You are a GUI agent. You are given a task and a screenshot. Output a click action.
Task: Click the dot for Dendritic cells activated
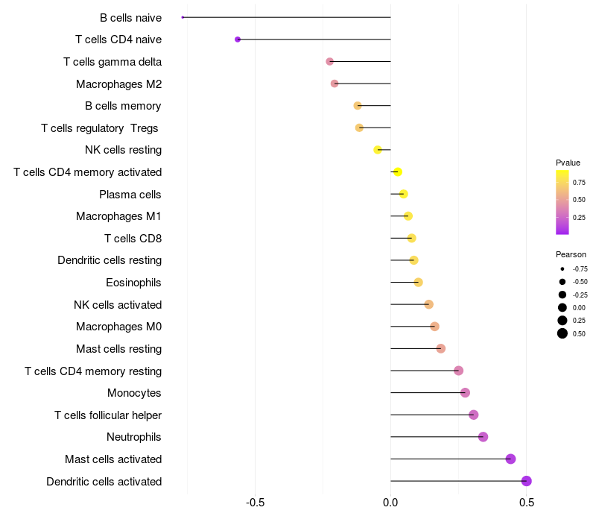tap(527, 481)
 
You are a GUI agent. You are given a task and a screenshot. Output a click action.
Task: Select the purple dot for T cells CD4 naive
tap(238, 40)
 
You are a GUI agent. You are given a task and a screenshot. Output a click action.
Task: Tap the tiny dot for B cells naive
tap(183, 17)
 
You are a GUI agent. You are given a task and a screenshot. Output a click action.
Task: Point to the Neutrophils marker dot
tap(483, 437)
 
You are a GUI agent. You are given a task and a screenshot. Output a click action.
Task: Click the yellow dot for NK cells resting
tap(378, 150)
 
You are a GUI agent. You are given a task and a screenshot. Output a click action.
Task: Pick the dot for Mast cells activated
tap(510, 459)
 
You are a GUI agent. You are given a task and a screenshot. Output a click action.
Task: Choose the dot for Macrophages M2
tap(335, 84)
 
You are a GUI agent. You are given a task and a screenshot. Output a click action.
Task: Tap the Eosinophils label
tap(133, 283)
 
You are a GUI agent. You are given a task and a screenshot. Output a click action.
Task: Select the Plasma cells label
tap(130, 195)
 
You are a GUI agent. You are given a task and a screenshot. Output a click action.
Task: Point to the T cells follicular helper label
tap(108, 415)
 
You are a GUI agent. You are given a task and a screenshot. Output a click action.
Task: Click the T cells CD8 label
tap(133, 239)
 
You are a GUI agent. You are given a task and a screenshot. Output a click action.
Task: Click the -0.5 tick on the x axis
tap(255, 502)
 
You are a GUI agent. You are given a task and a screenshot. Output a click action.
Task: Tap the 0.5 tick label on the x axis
tap(527, 502)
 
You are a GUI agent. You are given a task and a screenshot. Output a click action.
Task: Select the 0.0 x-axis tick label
tap(390, 502)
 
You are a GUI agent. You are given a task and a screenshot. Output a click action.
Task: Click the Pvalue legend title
tap(568, 163)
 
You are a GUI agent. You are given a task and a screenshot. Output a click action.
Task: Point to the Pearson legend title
tap(571, 254)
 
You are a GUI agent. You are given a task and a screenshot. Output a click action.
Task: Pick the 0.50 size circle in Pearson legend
tap(562, 333)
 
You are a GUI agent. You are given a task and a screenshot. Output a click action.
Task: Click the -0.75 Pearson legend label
tap(580, 268)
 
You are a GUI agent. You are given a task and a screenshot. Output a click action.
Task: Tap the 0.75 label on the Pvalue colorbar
tap(579, 182)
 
